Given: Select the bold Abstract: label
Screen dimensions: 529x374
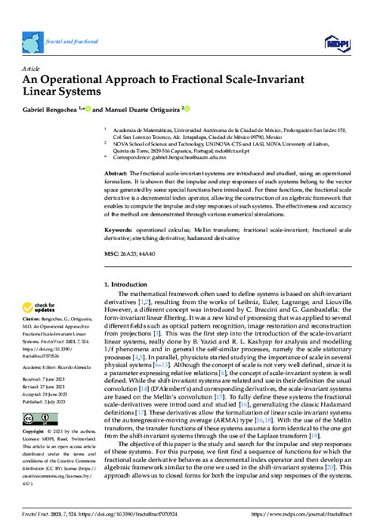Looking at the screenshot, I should click(116, 171).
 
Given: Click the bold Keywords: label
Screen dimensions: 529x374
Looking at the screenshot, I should click(118, 231).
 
